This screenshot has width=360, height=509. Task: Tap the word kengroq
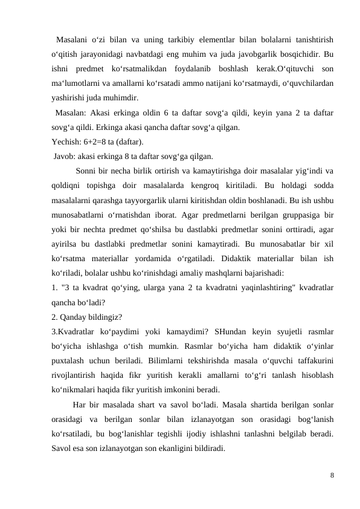pyautogui.click(x=209, y=185)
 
